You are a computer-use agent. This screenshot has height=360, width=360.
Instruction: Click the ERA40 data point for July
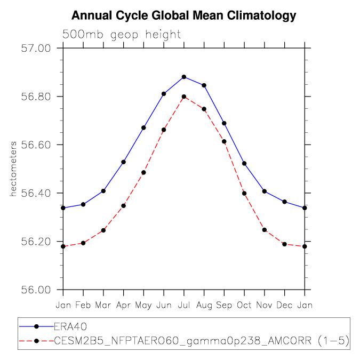pyautogui.click(x=184, y=77)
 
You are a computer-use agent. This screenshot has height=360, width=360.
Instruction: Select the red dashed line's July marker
pyautogui.click(x=184, y=97)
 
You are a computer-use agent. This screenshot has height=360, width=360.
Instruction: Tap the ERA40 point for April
pyautogui.click(x=124, y=162)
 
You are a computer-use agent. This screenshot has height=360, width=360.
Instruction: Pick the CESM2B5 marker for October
pyautogui.click(x=244, y=194)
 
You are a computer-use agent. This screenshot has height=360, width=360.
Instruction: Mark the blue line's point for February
pyautogui.click(x=83, y=204)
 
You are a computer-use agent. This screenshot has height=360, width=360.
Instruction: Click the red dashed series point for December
pyautogui.click(x=285, y=244)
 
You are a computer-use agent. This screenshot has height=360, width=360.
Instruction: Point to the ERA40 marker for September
pyautogui.click(x=225, y=123)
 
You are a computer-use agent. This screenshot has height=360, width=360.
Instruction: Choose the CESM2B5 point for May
pyautogui.click(x=143, y=172)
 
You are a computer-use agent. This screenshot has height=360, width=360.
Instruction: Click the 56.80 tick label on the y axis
pyautogui.click(x=36, y=97)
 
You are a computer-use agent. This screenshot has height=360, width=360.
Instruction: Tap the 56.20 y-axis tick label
pyautogui.click(x=36, y=242)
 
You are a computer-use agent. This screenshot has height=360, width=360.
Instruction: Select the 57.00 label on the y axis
pyautogui.click(x=36, y=49)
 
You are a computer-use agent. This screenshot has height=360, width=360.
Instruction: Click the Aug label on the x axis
pyautogui.click(x=204, y=306)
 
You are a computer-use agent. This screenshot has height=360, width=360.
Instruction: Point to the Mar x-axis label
pyautogui.click(x=103, y=305)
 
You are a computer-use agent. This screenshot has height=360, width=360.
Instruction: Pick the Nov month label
pyautogui.click(x=264, y=305)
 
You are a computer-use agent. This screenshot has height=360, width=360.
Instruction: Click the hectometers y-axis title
pyautogui.click(x=13, y=169)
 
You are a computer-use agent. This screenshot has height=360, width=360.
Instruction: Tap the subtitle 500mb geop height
pyautogui.click(x=122, y=35)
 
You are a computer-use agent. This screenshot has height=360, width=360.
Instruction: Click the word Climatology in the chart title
pyautogui.click(x=261, y=15)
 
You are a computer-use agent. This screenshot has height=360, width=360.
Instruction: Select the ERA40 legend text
pyautogui.click(x=70, y=326)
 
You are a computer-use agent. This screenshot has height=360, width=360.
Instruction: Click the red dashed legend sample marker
pyautogui.click(x=36, y=341)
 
